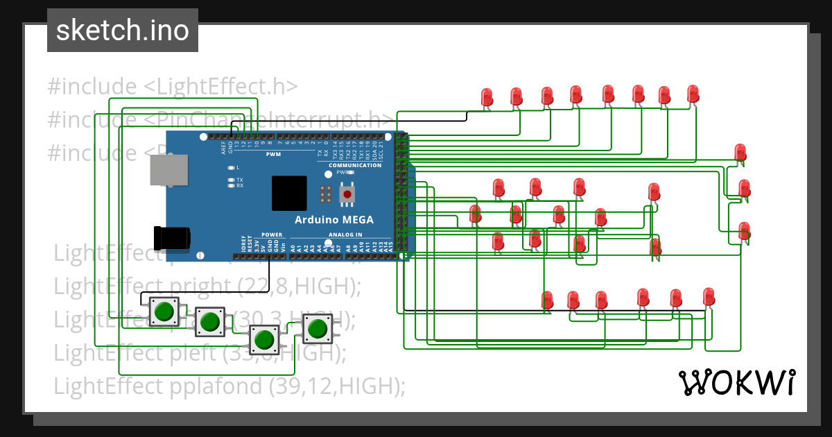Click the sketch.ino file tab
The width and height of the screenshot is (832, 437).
pos(122,31)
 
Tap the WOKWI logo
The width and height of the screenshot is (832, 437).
pos(736,382)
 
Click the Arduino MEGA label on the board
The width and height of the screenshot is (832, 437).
pos(334,220)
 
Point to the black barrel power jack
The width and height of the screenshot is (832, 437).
pos(171,238)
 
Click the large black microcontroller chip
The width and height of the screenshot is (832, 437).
pos(289,194)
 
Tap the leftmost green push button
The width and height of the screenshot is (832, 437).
pos(164,311)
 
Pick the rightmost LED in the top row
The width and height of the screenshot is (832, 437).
pos(693,93)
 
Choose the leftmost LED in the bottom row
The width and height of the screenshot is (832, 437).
pos(547,300)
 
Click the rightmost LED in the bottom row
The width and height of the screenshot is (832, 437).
pos(708,296)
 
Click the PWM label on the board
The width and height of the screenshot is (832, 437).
pos(272,155)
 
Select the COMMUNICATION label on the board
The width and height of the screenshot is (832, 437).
pos(354,165)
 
